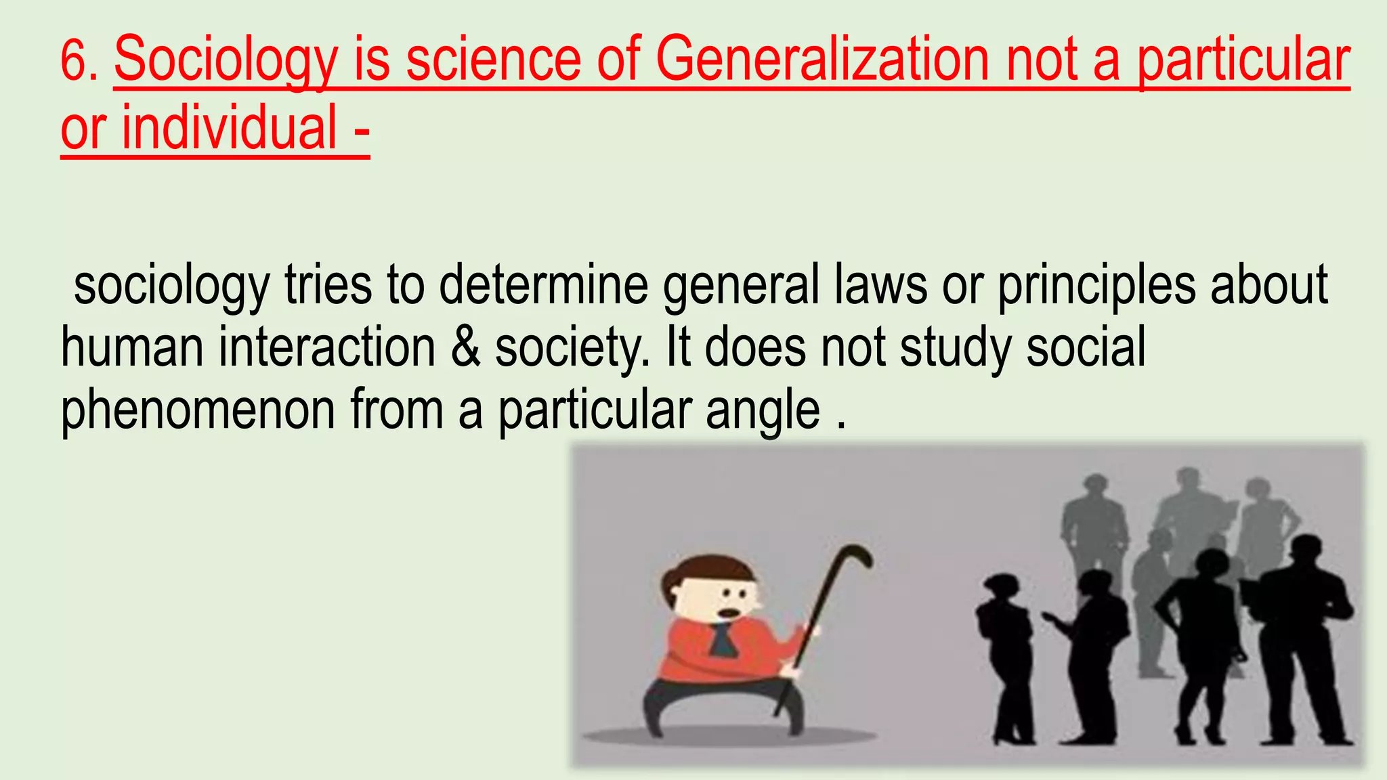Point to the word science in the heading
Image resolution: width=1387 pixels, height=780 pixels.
click(492, 61)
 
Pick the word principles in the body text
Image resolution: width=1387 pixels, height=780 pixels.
click(1096, 285)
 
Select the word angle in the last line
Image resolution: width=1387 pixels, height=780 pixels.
click(763, 410)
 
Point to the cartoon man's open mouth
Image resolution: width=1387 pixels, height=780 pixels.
click(728, 613)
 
